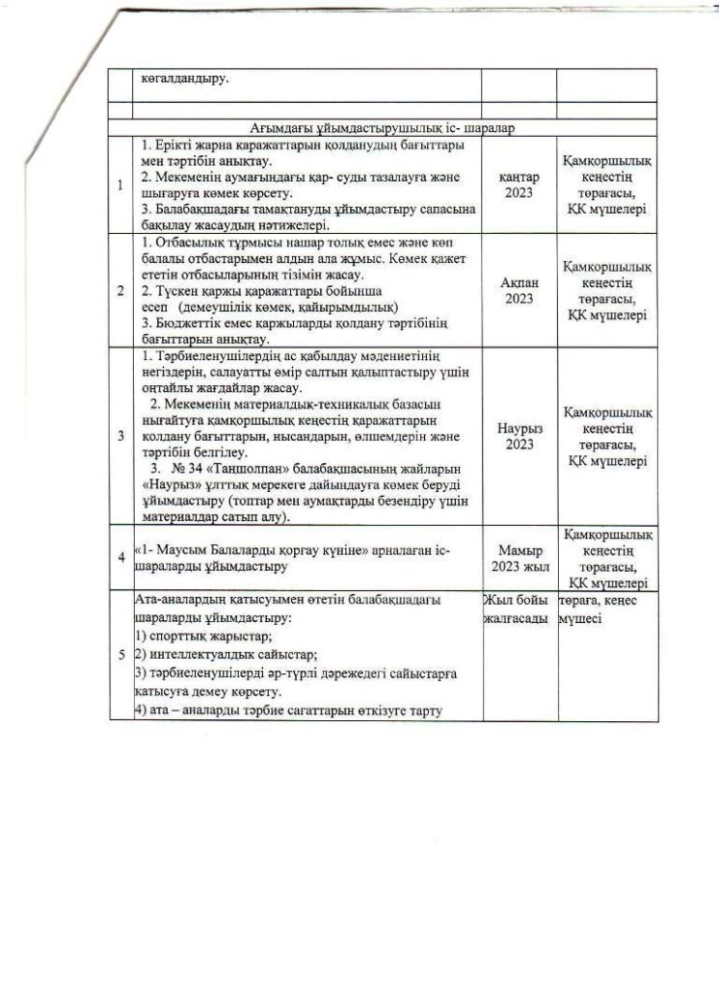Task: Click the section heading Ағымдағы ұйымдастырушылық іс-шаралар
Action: point(384,126)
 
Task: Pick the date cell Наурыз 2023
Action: point(519,435)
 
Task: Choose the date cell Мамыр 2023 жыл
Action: point(519,559)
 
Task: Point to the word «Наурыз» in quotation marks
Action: point(173,484)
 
